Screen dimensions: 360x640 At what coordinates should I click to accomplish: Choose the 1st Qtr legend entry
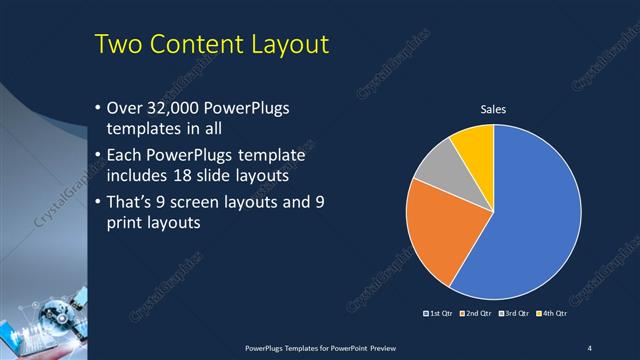(440, 314)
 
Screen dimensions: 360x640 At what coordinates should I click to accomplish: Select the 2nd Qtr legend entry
(475, 314)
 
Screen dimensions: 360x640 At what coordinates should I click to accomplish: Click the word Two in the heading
(118, 46)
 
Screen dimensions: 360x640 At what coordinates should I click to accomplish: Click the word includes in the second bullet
(136, 177)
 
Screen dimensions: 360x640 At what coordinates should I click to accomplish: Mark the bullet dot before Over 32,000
(96, 108)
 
